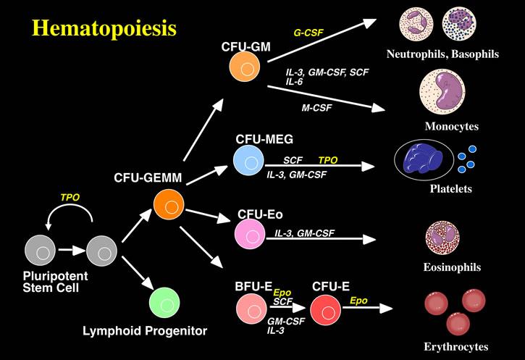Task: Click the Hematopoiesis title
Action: pos(104,29)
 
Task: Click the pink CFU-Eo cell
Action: pos(249,232)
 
